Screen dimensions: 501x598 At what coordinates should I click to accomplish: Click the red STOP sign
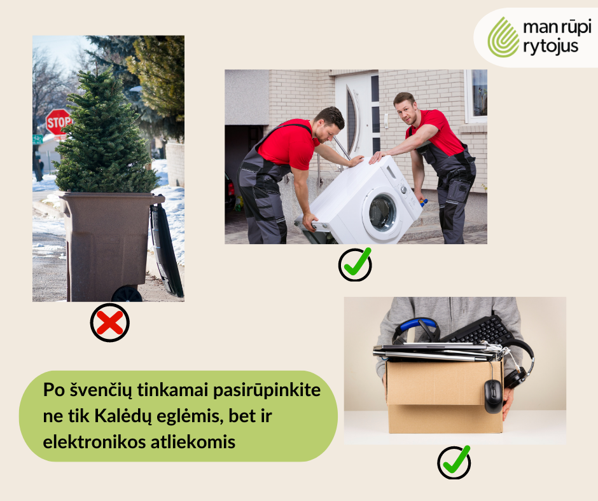click(x=59, y=121)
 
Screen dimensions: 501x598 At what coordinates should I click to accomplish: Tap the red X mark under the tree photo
click(x=109, y=323)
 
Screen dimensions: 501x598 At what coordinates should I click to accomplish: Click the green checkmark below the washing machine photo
click(x=354, y=264)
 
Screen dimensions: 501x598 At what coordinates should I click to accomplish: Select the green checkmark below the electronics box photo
click(x=454, y=462)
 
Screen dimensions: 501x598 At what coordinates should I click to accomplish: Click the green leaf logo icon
click(x=503, y=37)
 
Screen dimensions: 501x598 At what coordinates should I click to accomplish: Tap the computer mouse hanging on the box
click(x=493, y=395)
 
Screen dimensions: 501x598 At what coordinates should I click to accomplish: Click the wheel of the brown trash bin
click(x=127, y=294)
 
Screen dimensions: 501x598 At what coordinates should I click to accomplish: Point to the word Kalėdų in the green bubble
click(x=122, y=416)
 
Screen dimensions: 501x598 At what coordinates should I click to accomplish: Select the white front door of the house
click(x=356, y=114)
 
